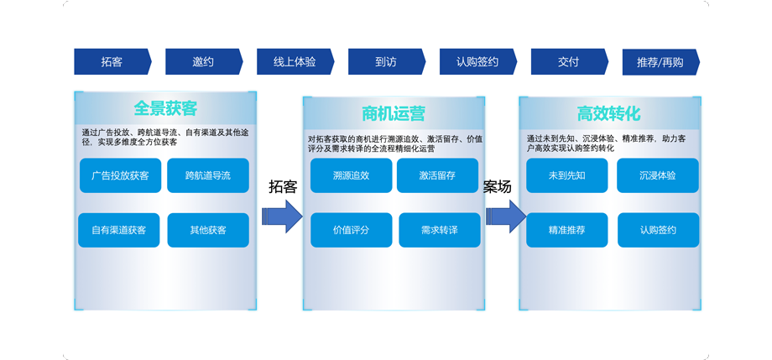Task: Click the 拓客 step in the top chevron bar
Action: click(112, 62)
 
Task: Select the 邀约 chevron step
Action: click(203, 62)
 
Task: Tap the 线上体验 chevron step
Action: click(295, 62)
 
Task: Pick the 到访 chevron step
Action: click(386, 62)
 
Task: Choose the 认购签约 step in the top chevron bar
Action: click(477, 62)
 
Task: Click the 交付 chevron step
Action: click(569, 62)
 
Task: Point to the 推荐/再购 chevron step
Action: click(660, 62)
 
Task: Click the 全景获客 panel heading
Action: click(165, 108)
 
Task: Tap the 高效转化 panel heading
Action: click(609, 113)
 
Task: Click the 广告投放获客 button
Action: click(119, 176)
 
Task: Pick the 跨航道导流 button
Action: click(208, 176)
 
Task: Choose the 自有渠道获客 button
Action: click(119, 230)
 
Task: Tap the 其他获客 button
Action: click(208, 230)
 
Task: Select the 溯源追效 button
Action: click(351, 176)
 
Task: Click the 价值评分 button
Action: click(351, 230)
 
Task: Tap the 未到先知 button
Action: click(567, 176)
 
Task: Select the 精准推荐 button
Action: click(567, 230)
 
